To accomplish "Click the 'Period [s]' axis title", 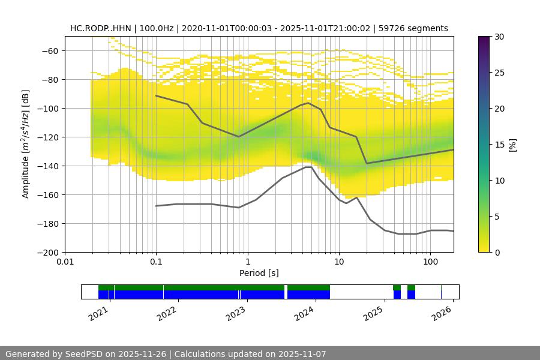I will click(x=259, y=274).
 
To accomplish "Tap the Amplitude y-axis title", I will click(x=26, y=145).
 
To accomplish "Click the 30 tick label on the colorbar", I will click(x=497, y=37).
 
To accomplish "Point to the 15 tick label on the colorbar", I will click(x=497, y=145).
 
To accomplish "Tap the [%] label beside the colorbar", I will click(x=512, y=145).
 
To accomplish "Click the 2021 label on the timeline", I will click(x=99, y=313).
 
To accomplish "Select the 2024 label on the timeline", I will click(x=305, y=313).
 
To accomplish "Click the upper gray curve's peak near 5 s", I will click(x=308, y=103).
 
